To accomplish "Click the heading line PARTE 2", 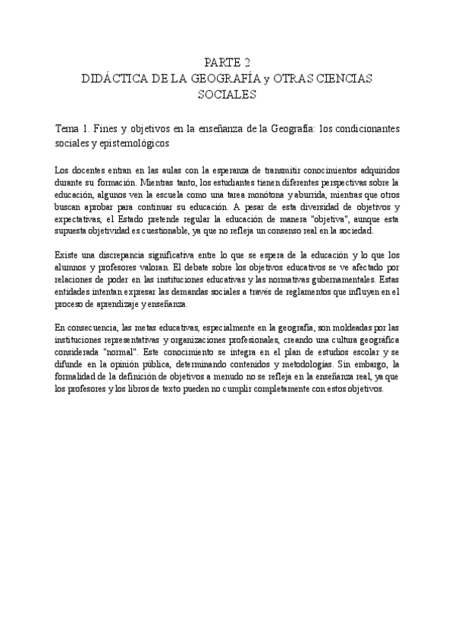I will tap(227, 63).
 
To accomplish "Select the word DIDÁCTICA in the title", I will tap(115, 79).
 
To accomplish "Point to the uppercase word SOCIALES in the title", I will tap(227, 95).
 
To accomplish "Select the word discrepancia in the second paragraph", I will tap(117, 256).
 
